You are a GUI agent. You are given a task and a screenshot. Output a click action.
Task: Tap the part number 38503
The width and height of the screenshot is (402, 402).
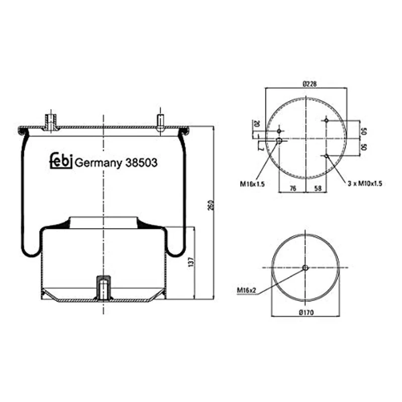point(142,162)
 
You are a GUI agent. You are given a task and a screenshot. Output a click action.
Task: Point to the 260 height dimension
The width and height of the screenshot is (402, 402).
point(211,206)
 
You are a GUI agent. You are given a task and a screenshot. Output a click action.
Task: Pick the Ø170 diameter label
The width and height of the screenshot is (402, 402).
point(306,313)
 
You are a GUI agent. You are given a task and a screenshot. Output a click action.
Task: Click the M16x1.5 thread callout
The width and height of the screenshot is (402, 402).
point(252,184)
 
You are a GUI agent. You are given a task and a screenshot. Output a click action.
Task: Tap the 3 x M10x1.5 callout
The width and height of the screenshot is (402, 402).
point(365,184)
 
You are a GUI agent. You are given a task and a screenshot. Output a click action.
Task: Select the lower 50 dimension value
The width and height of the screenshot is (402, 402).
point(363,148)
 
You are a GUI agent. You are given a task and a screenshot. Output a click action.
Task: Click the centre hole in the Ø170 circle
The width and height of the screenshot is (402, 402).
point(305,268)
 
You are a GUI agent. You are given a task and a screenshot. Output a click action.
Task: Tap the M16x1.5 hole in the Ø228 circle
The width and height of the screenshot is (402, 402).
point(279,141)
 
